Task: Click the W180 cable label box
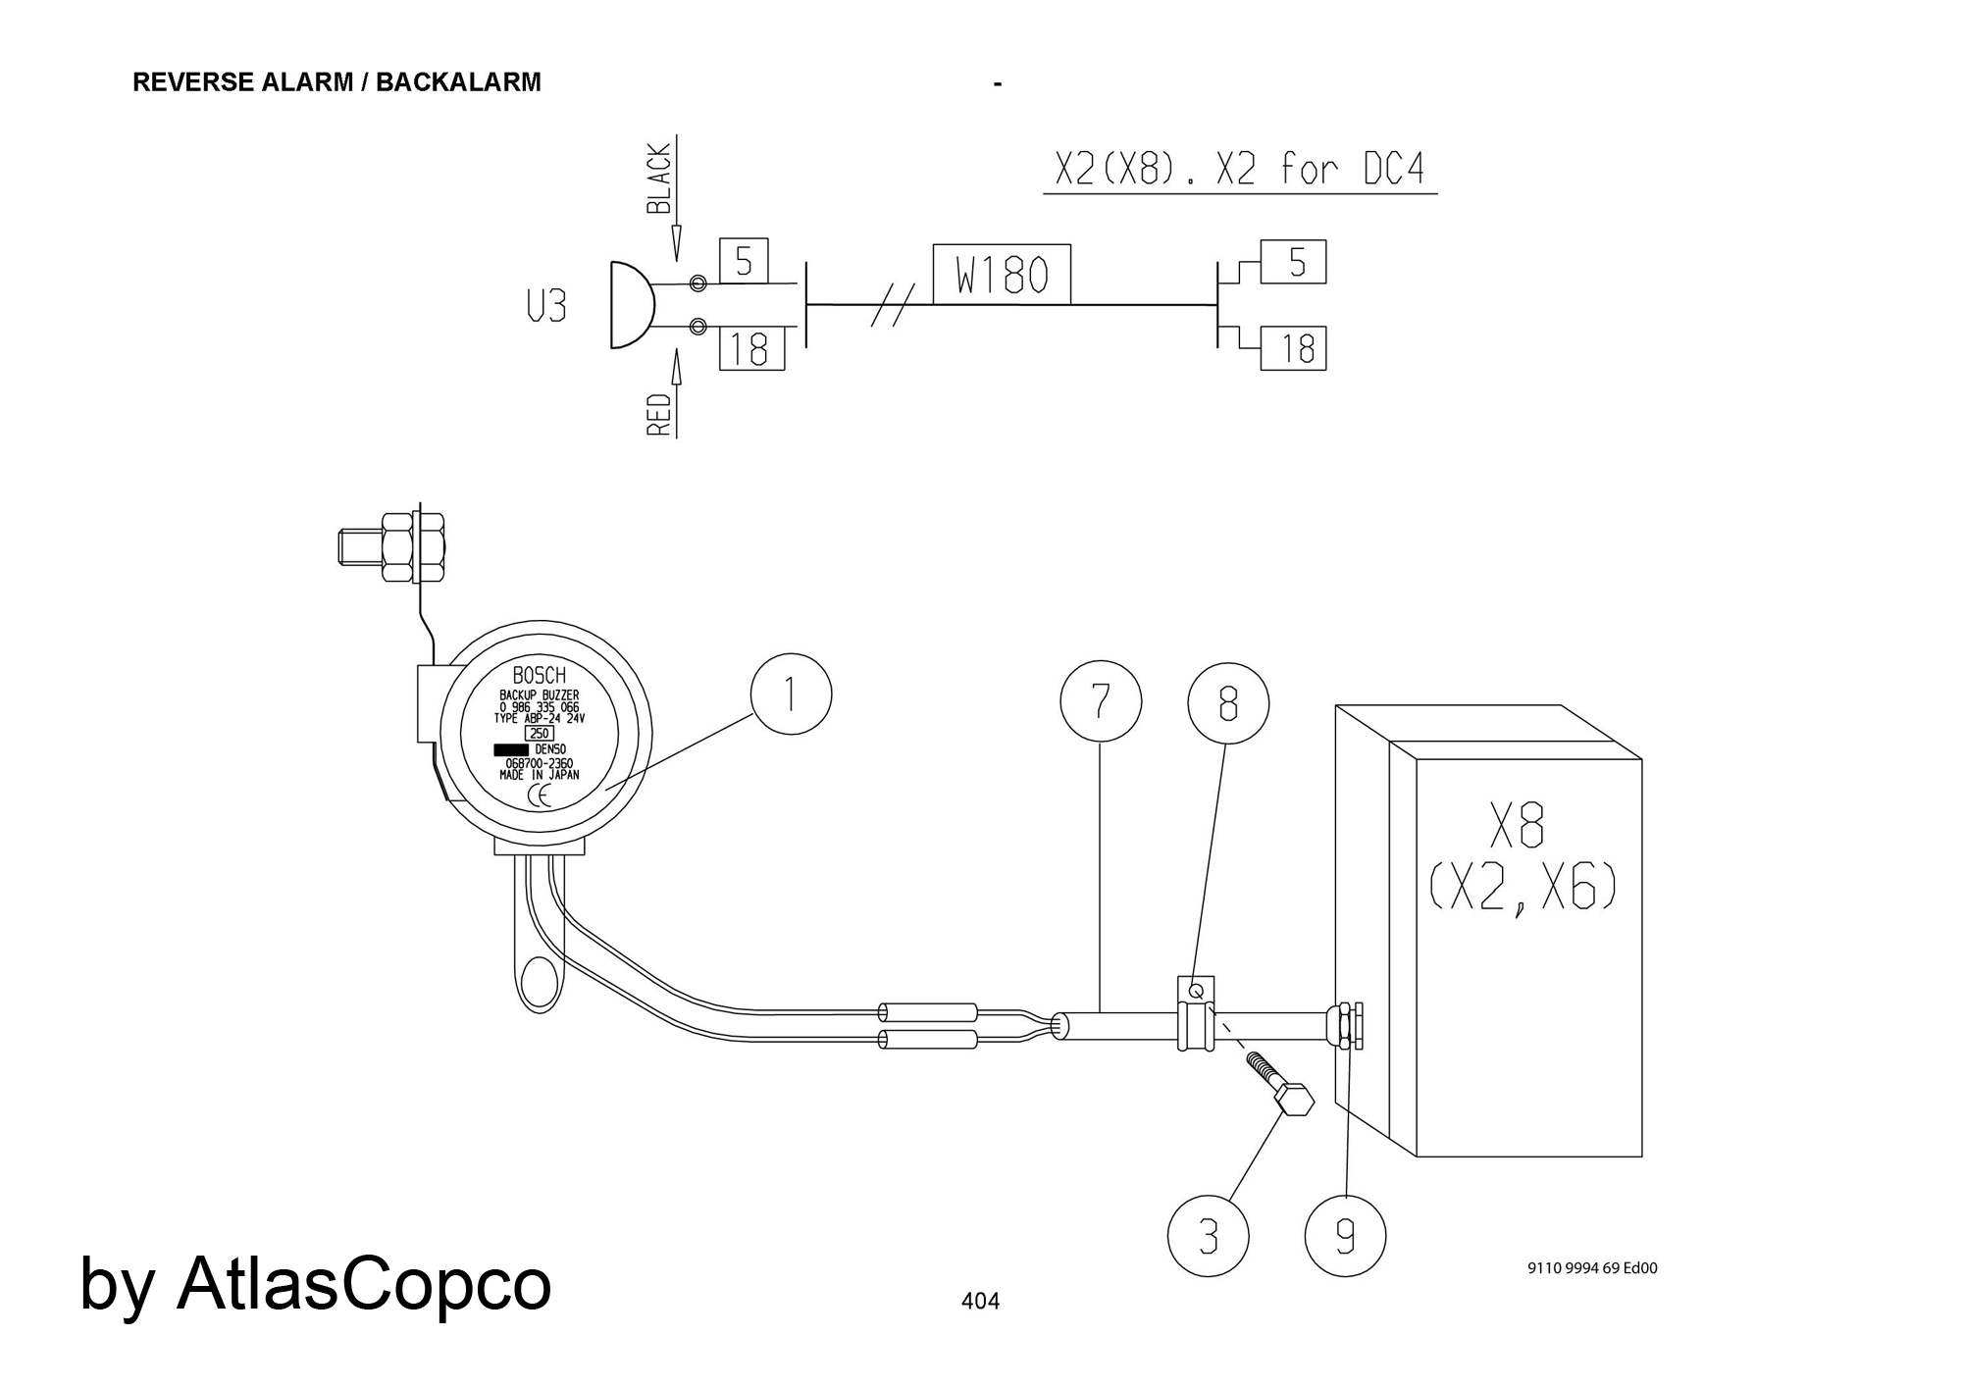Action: tap(1002, 275)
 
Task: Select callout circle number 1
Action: tap(791, 694)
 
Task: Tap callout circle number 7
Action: tap(1101, 701)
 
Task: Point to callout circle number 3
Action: tap(1209, 1236)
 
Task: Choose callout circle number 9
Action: tap(1346, 1236)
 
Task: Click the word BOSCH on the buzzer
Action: tap(540, 676)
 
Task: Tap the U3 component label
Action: tap(546, 308)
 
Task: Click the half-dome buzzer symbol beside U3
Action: tap(631, 305)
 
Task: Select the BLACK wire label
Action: tap(659, 179)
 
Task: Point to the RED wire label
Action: tap(659, 415)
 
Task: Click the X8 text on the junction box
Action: tap(1517, 826)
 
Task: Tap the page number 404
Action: tap(980, 1302)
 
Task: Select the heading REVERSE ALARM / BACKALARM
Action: tap(336, 82)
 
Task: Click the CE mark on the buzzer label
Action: tap(540, 796)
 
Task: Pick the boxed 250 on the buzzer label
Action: tap(540, 733)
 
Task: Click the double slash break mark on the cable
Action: tap(894, 304)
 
